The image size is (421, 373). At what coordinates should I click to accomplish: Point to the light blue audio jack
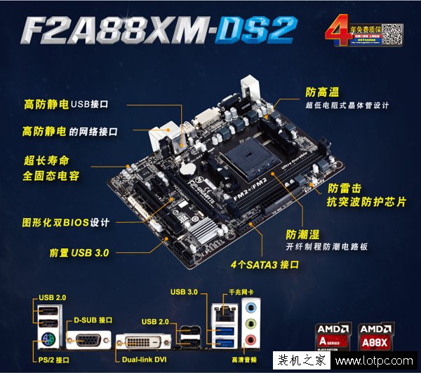pyautogui.click(x=250, y=306)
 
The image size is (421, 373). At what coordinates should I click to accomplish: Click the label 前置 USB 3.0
pyautogui.click(x=79, y=252)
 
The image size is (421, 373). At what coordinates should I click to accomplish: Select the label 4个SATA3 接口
pyautogui.click(x=265, y=266)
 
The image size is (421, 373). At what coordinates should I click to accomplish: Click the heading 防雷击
pyautogui.click(x=324, y=188)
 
